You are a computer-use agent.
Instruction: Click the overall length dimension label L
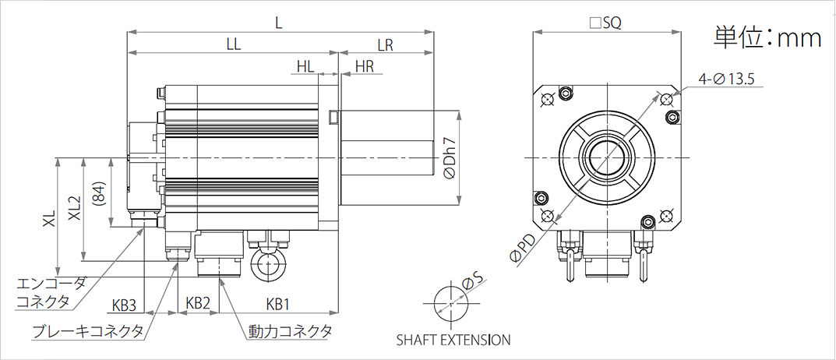coord(278,23)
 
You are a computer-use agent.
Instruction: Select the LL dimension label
coord(232,45)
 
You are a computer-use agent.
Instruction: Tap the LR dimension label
coord(384,45)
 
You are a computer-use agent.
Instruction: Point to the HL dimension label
coord(305,67)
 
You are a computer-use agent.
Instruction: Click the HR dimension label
coord(364,67)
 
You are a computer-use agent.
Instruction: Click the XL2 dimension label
coord(74,209)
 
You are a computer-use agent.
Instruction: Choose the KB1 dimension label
coord(278,303)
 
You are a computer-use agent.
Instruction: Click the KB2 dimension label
coord(199,303)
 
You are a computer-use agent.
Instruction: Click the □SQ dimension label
coord(605,23)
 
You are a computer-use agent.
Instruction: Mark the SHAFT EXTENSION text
coord(453,340)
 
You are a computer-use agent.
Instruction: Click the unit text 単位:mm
coord(767,37)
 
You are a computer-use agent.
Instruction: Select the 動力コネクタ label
coord(291,331)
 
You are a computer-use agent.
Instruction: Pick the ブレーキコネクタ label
coord(88,331)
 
